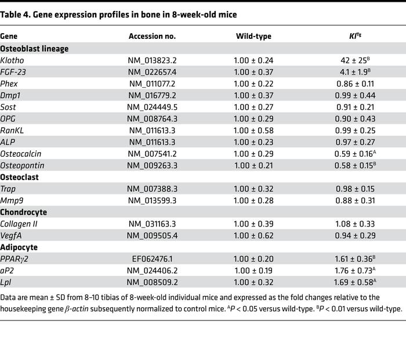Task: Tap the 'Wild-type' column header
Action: [253, 36]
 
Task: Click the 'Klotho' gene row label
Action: [12, 61]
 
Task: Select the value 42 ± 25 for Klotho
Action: [350, 61]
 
